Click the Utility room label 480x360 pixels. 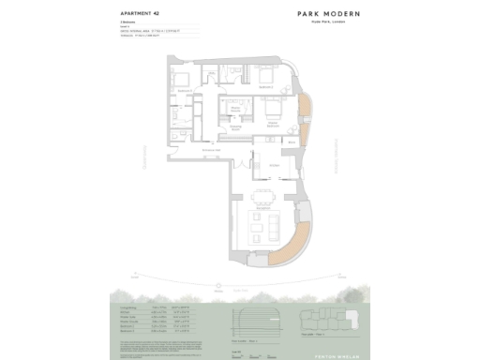(176, 120)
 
